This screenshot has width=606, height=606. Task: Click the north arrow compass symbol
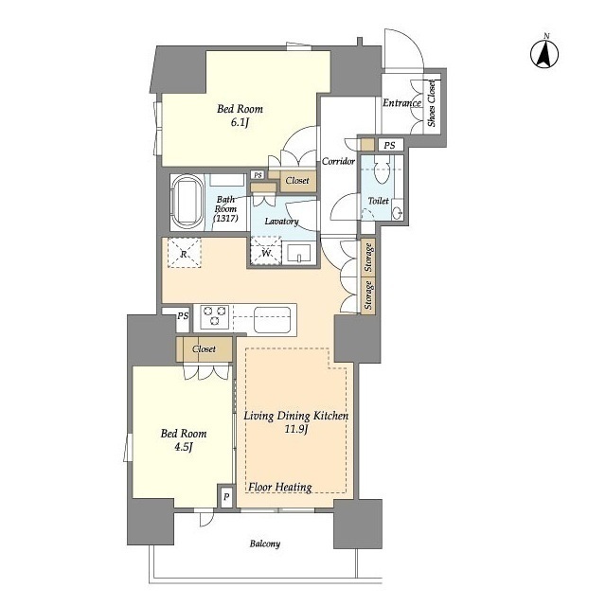544,54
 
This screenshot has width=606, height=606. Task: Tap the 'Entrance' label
401,103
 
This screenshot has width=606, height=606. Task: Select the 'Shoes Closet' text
432,103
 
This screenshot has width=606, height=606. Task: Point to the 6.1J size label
240,122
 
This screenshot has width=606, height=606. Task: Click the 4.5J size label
183,447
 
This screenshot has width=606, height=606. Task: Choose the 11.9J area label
295,429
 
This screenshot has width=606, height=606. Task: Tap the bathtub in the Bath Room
187,202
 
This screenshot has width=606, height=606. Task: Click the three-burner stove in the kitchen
215,315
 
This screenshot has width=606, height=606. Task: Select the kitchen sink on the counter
272,319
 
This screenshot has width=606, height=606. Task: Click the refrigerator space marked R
185,253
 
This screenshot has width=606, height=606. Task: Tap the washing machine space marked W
266,251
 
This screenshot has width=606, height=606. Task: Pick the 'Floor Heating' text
280,488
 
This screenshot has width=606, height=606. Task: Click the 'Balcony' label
265,544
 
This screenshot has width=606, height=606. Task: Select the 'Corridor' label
339,161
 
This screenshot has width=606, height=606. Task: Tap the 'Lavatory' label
282,222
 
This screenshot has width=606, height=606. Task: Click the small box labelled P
226,496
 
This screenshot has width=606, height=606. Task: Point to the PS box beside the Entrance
389,145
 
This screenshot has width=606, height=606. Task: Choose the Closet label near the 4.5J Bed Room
205,349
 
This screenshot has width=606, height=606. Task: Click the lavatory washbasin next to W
299,253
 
